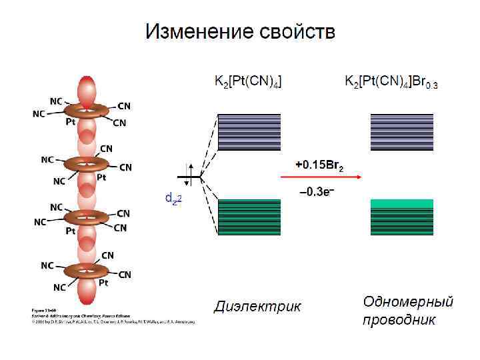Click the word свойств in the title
point(297,32)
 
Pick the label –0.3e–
point(316,192)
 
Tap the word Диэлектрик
point(257,306)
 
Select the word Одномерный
point(408,301)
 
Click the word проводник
point(399,320)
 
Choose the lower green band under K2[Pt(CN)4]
point(249,217)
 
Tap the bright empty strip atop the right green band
point(401,203)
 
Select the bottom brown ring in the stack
point(86,270)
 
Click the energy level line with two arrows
point(189,177)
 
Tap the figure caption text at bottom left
point(113,316)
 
